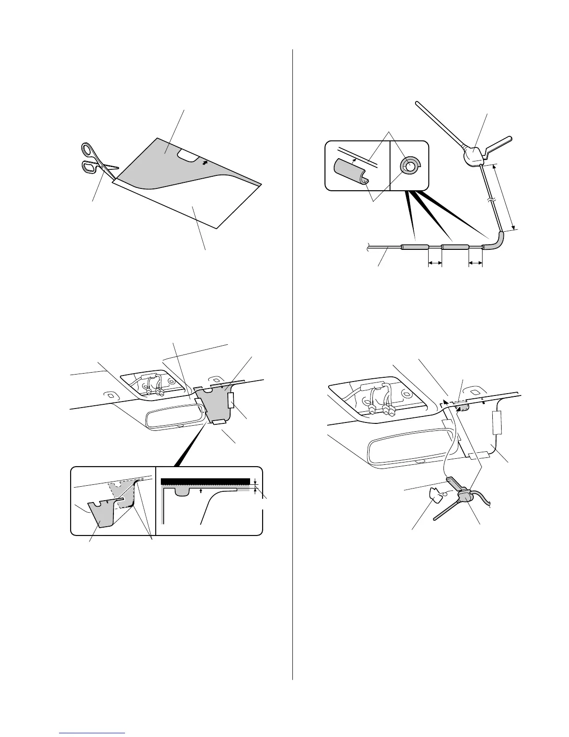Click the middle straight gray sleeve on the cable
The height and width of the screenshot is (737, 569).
[455, 247]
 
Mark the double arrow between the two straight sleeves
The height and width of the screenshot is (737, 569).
[434, 263]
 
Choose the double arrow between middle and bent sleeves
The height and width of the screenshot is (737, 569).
[475, 263]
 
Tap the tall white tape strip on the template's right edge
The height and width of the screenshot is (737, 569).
[231, 400]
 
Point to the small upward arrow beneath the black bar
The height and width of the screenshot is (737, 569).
[200, 490]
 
